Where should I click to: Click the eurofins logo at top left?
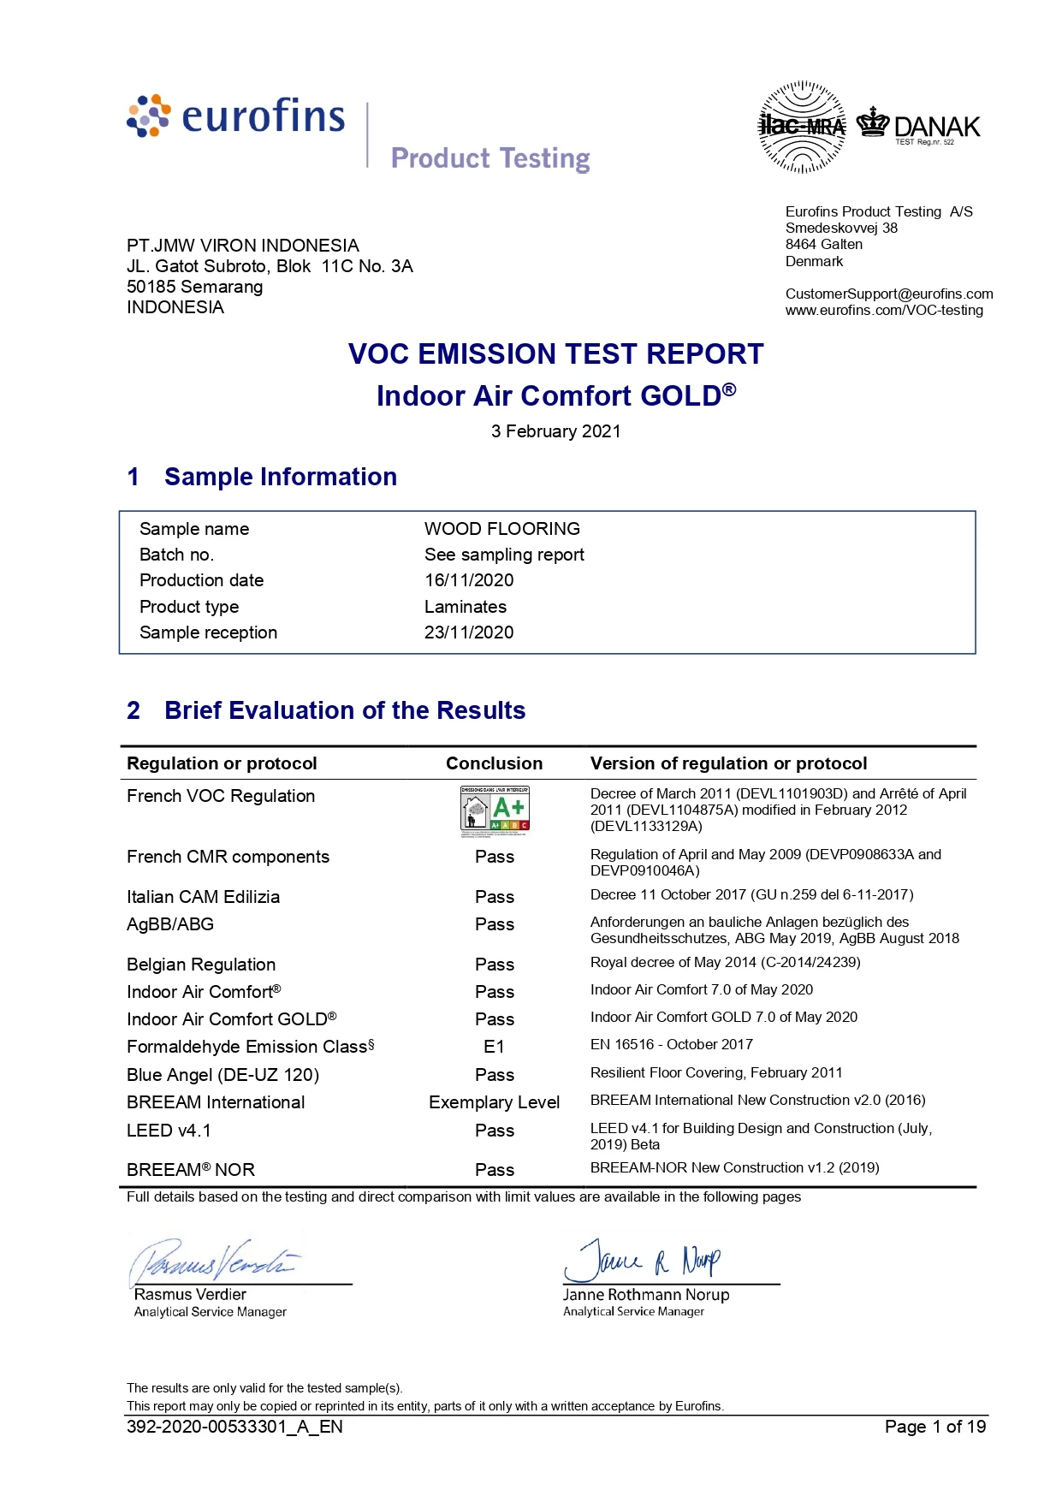[x=236, y=116]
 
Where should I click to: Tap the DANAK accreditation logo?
[x=918, y=127]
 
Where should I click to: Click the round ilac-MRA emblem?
[x=802, y=127]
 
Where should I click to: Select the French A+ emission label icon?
[x=495, y=810]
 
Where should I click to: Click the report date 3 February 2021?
[x=555, y=431]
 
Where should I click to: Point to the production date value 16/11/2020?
[x=469, y=580]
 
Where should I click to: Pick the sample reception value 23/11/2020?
[x=469, y=632]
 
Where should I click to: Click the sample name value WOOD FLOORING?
[x=502, y=529]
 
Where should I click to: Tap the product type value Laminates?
[x=466, y=607]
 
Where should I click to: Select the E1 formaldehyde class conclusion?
[x=495, y=1047]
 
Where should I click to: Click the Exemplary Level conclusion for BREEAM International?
[x=495, y=1102]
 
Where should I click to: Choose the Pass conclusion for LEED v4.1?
[x=495, y=1131]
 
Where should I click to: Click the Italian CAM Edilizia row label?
[x=204, y=897]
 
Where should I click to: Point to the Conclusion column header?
[x=495, y=763]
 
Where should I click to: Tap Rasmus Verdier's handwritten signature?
[x=214, y=1261]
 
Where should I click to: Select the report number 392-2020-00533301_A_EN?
[x=234, y=1427]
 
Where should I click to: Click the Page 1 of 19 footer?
[x=935, y=1427]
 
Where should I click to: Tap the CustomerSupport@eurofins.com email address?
[x=889, y=294]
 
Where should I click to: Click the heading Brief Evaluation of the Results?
[x=345, y=710]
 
